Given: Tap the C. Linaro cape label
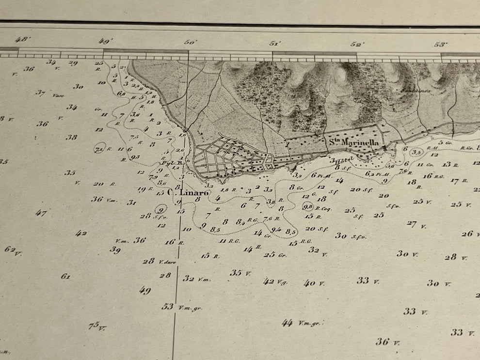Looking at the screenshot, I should pyautogui.click(x=188, y=192).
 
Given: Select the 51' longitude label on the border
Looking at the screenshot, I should pyautogui.click(x=274, y=43).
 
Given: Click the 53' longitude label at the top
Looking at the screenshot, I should pyautogui.click(x=440, y=44).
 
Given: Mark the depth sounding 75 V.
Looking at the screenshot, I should pyautogui.click(x=97, y=326).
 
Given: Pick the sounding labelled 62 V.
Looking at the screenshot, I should pyautogui.click(x=13, y=250).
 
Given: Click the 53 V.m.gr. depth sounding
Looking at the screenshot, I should pyautogui.click(x=181, y=307).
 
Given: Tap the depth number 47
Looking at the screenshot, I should pyautogui.click(x=41, y=213).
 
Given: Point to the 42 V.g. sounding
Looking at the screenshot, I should pyautogui.click(x=275, y=282).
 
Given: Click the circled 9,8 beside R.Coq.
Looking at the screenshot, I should pyautogui.click(x=308, y=207).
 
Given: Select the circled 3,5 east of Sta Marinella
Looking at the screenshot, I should pyautogui.click(x=416, y=152).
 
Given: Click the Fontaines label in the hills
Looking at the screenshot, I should pyautogui.click(x=410, y=90).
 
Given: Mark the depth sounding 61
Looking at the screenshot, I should pyautogui.click(x=65, y=276).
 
